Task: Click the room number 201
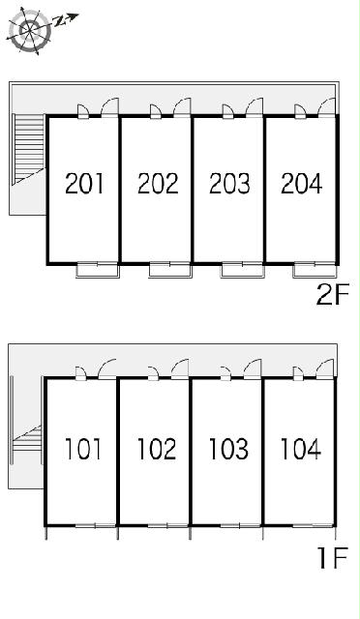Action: (84, 183)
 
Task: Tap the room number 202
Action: (158, 183)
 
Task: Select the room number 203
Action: (229, 183)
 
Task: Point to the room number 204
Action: (302, 183)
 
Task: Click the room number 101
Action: (82, 449)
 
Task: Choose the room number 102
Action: (157, 449)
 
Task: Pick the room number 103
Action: (228, 449)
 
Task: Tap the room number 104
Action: (300, 449)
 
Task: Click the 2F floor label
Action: (333, 295)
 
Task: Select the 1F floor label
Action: (334, 557)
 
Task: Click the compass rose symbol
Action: (30, 30)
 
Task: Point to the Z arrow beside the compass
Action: (66, 19)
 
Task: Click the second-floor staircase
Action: (28, 149)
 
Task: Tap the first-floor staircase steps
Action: (28, 441)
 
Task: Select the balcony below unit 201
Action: (98, 271)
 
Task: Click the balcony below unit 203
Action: (242, 271)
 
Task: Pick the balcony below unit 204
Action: (315, 271)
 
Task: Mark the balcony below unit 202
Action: (170, 271)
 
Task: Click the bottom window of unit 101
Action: (95, 525)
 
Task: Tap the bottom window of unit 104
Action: (313, 525)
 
